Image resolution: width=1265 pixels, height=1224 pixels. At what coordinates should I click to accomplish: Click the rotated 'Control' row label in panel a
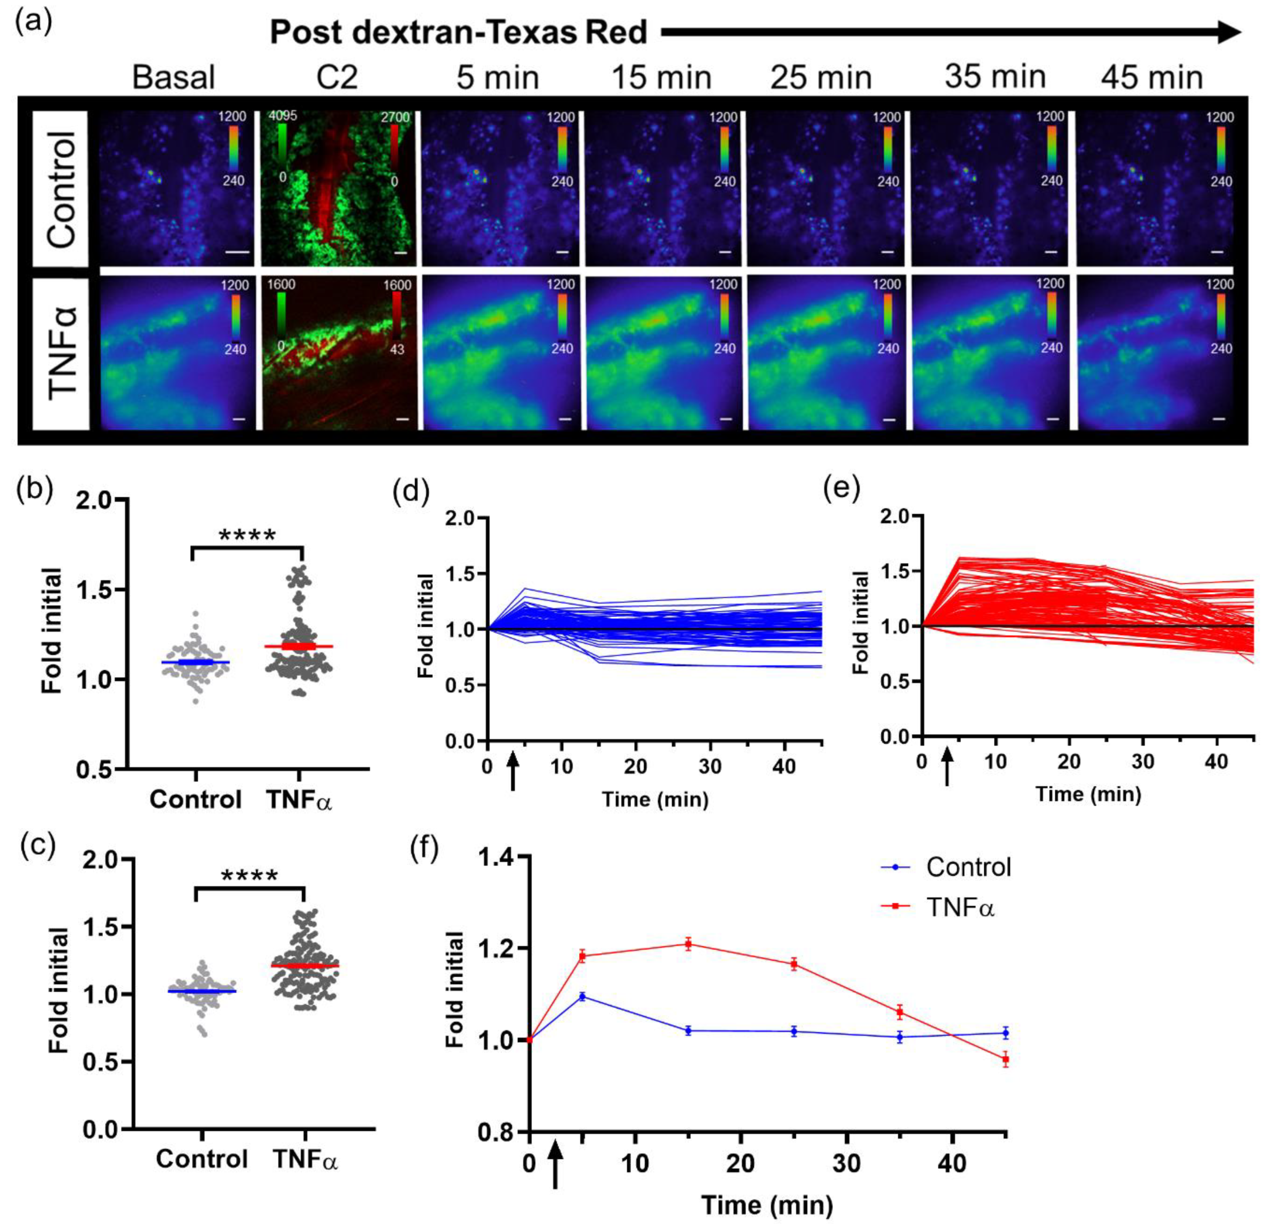point(61,189)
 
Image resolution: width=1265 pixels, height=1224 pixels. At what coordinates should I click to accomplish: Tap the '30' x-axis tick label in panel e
point(1143,762)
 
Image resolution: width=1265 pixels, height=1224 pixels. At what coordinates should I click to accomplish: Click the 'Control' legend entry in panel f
point(968,867)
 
